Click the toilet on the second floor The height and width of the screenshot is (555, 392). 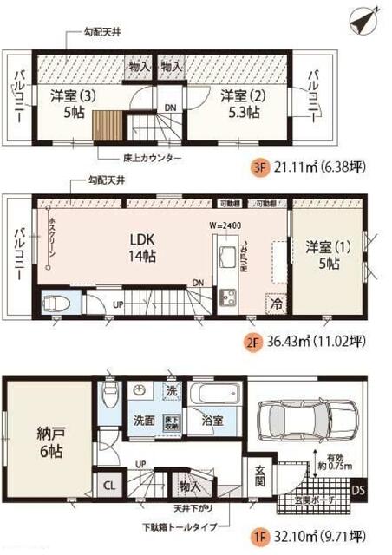tap(55, 304)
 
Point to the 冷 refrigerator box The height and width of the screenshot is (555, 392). tap(277, 305)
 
